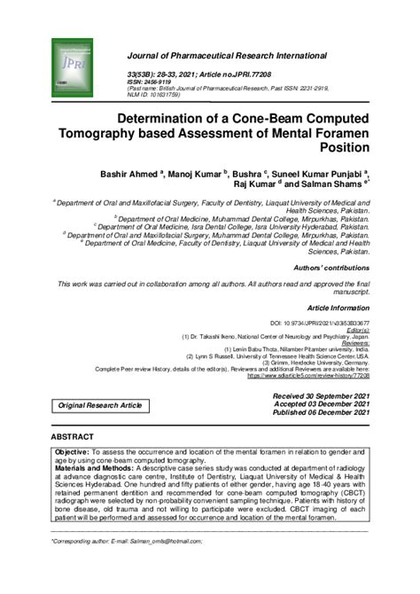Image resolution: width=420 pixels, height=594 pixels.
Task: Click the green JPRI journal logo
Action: (72, 66)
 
